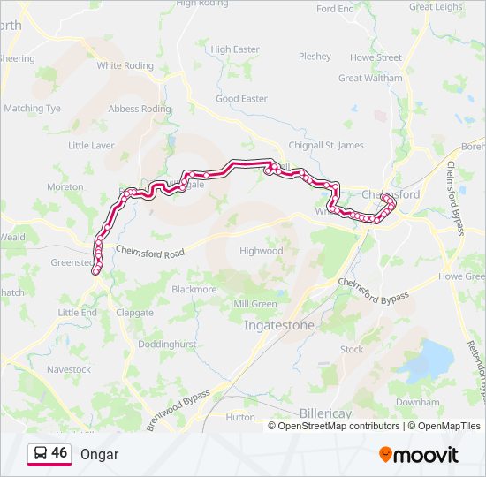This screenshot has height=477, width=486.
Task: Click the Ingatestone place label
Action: pyautogui.click(x=278, y=325)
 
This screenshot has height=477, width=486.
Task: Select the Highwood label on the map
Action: pyautogui.click(x=261, y=251)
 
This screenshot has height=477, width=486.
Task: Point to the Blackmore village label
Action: pyautogui.click(x=194, y=289)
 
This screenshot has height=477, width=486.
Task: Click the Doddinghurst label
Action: pyautogui.click(x=167, y=343)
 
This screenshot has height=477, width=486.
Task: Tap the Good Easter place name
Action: pyautogui.click(x=241, y=99)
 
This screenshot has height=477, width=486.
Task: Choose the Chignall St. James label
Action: pyautogui.click(x=326, y=145)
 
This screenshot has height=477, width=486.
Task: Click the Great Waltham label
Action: pyautogui.click(x=369, y=78)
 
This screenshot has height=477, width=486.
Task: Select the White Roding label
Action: pyautogui.click(x=125, y=65)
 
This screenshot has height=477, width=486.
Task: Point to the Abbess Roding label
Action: pyautogui.click(x=139, y=109)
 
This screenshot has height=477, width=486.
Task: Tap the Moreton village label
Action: pyautogui.click(x=65, y=187)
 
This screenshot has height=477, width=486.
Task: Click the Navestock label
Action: pyautogui.click(x=69, y=369)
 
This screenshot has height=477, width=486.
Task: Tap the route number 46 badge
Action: pyautogui.click(x=59, y=453)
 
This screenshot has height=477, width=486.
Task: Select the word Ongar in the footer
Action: pyautogui.click(x=99, y=454)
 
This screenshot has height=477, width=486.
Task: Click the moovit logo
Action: pyautogui.click(x=419, y=454)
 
